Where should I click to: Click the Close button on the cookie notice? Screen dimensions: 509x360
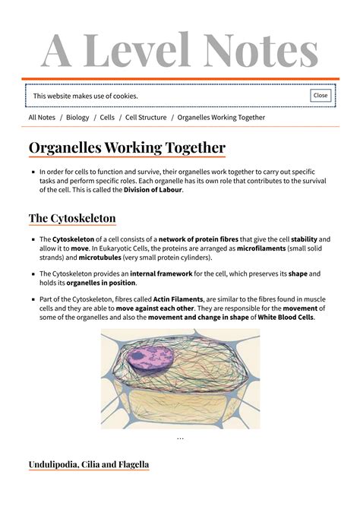pos(321,96)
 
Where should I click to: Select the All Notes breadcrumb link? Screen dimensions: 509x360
pos(42,118)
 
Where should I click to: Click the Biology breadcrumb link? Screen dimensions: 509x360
pos(77,118)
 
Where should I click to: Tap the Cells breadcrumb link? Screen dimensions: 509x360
pos(107,118)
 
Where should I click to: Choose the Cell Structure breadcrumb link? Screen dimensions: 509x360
pos(146,118)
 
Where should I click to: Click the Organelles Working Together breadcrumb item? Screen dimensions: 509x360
pos(221,118)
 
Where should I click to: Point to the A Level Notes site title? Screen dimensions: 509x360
pos(180,50)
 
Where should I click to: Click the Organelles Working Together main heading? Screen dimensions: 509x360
pos(127,147)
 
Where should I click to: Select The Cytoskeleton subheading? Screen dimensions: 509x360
pos(72,219)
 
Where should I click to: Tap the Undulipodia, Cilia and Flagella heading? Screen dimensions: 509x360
pos(89,464)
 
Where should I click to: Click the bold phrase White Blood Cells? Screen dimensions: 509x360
pos(286,318)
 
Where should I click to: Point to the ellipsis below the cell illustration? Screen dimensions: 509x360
pos(180,438)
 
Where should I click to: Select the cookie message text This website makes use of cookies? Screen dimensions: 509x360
pos(85,96)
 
